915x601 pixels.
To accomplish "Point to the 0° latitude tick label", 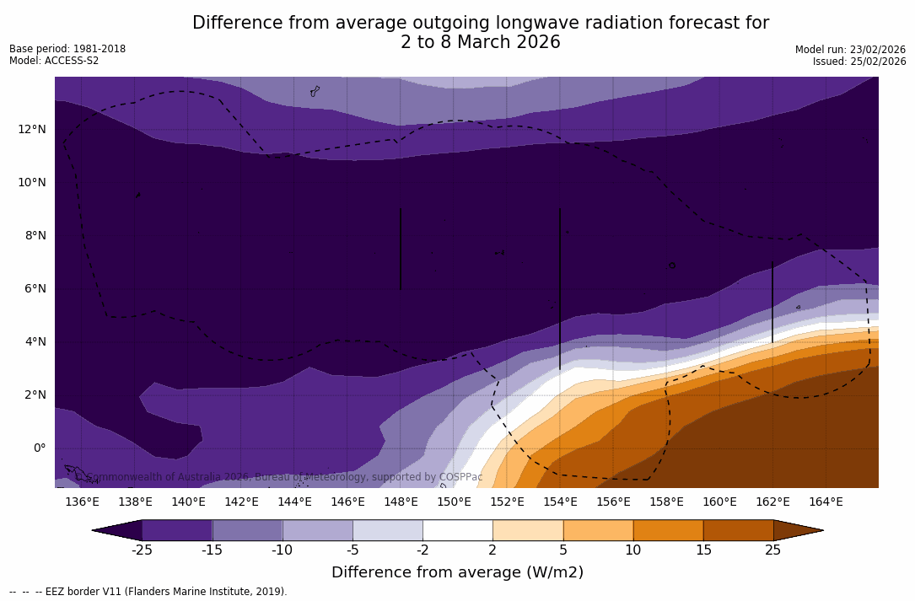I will [39, 448].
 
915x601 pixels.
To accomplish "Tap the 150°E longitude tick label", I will [454, 502].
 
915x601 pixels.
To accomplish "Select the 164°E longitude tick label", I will [826, 502].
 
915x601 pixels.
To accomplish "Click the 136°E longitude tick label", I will [82, 502].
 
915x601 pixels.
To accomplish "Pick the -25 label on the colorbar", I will [142, 550].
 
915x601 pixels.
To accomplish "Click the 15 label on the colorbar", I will [702, 550].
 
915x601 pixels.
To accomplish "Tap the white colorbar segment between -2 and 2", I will [457, 530].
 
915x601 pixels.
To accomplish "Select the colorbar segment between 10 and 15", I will [668, 530].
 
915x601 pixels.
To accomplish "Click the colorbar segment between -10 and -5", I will [317, 530].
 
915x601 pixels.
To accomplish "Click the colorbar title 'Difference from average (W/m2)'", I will [457, 573].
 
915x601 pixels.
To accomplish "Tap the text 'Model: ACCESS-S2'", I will [54, 61].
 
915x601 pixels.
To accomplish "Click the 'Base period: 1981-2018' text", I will [67, 49].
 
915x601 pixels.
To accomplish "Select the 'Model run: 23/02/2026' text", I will [850, 50].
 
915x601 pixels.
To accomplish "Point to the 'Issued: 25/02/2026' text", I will [859, 62].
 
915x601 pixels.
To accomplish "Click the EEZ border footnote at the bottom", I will [148, 592].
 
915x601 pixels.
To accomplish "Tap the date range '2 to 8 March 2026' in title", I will [480, 42].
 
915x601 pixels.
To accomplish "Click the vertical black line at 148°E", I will [401, 249].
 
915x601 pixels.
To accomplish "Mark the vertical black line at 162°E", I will [772, 301].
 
